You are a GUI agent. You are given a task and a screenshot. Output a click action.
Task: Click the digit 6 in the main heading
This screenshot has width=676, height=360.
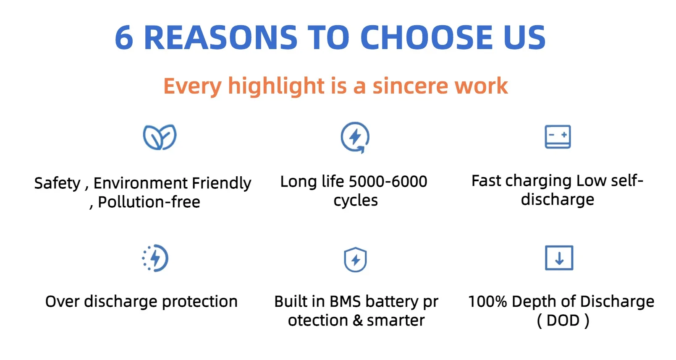(124, 37)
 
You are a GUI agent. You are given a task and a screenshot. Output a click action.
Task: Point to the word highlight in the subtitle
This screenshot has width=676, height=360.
(276, 86)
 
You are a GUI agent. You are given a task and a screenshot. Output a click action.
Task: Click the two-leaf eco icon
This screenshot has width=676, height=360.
(160, 137)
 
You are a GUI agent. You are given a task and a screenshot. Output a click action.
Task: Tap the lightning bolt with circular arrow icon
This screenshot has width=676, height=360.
(355, 138)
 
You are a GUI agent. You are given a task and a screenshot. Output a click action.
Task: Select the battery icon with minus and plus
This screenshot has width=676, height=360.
(558, 137)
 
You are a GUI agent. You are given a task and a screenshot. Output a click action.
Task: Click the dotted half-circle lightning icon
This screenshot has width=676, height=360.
(155, 258)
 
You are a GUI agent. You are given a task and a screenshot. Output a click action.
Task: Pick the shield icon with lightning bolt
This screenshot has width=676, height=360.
(356, 260)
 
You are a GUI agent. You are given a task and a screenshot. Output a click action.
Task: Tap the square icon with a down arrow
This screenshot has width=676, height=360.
(559, 258)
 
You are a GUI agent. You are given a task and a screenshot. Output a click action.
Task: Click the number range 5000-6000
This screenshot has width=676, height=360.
(388, 182)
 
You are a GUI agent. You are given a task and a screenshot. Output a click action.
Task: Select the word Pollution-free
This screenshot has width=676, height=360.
(149, 202)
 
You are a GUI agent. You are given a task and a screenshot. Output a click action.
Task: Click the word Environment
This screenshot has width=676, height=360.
(141, 183)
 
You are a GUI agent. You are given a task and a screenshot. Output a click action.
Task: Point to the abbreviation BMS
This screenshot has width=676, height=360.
(345, 302)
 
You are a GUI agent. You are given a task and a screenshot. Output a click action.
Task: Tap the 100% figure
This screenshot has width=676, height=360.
(487, 302)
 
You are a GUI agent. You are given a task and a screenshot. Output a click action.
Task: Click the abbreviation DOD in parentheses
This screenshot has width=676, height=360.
(563, 320)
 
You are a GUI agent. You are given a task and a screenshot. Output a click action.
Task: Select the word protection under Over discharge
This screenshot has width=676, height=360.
(200, 302)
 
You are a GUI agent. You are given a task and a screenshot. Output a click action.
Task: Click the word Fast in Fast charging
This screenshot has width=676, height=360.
(487, 181)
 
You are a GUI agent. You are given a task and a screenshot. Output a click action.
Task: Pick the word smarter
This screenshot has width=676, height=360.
(396, 321)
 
